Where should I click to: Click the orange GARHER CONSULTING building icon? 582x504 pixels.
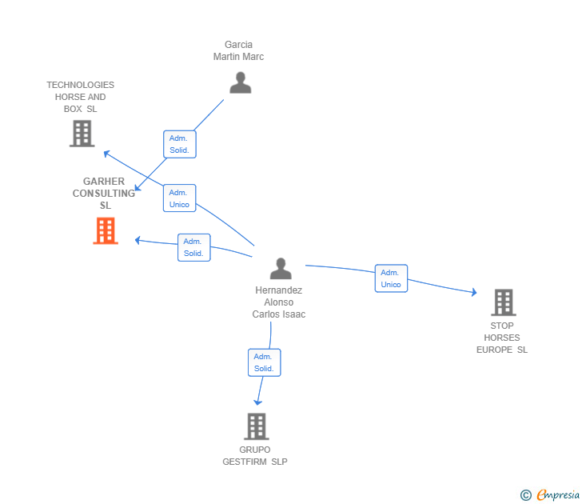tap(106, 230)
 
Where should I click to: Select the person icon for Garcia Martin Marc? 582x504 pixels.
tap(241, 82)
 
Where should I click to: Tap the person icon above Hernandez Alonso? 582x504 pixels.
tap(281, 268)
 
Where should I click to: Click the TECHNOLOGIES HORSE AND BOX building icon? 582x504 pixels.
tap(82, 134)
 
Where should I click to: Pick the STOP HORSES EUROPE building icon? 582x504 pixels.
tap(504, 302)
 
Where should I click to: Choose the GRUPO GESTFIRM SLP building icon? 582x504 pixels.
tap(257, 426)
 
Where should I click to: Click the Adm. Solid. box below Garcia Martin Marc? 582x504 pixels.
tap(180, 144)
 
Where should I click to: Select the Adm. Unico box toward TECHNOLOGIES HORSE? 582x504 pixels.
tap(179, 198)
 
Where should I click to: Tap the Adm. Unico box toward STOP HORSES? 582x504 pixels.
tap(391, 278)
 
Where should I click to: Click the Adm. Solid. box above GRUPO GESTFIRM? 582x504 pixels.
tap(265, 362)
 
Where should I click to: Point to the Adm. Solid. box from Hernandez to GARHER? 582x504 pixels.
tap(193, 247)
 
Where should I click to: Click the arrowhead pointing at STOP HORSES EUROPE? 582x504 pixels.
tap(474, 292)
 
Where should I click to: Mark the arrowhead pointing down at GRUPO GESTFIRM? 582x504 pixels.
tap(258, 402)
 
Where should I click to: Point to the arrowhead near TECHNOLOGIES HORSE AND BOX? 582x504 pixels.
tap(106, 153)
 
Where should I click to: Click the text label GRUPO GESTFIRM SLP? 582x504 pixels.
tap(255, 456)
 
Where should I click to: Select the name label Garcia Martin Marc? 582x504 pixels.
tap(239, 50)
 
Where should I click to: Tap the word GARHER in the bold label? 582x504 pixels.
tap(104, 182)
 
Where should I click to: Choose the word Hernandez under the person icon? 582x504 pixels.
tap(279, 290)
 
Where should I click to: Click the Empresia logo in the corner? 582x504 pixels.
tap(550, 494)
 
